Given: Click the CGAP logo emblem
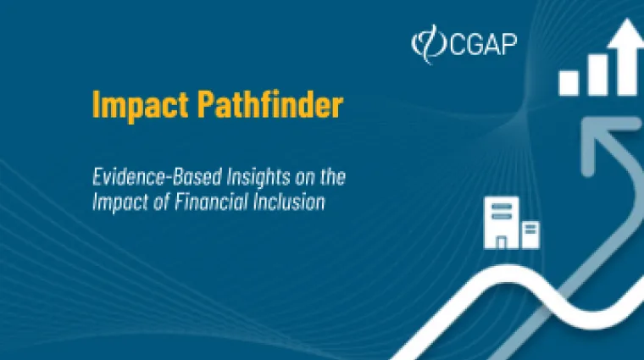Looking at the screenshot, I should coord(425,43).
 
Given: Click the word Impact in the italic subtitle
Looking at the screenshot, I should coord(117,203).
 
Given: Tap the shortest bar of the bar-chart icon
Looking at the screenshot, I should coord(569,82).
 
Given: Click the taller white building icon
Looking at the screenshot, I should coord(501,222).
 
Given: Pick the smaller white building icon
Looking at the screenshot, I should coord(530,234).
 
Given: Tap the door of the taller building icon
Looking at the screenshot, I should coord(501,241).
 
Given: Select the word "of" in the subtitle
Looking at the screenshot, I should coord(169,203).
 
